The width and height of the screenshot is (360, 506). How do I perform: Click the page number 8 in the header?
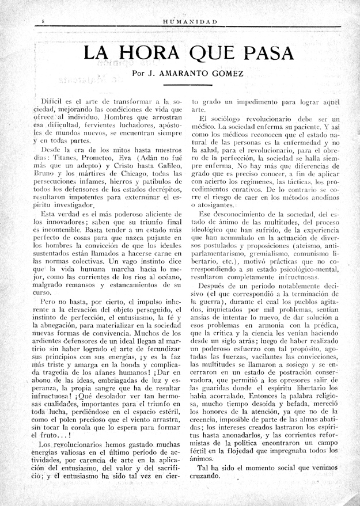[x=44, y=21]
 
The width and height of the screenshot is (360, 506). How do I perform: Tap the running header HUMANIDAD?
[x=190, y=21]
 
